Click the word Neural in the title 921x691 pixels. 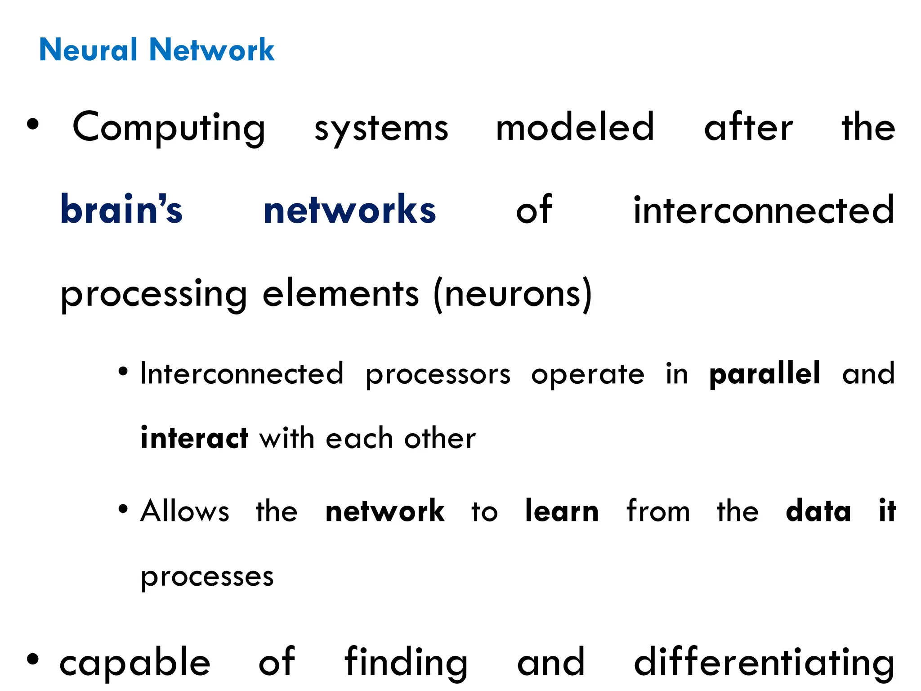[x=88, y=49]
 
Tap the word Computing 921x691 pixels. [x=169, y=128]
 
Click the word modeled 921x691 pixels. [x=575, y=127]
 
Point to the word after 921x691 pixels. [x=748, y=127]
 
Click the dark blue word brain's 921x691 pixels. [x=121, y=210]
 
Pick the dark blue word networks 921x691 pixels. [x=350, y=210]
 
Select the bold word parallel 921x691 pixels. [x=765, y=373]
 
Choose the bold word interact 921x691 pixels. [x=194, y=438]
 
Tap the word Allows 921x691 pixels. [x=185, y=511]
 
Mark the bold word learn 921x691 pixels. [x=562, y=511]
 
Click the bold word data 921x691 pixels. [x=818, y=511]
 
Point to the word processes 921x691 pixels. [x=207, y=577]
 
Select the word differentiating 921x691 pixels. [x=764, y=662]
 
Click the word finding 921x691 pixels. [x=407, y=662]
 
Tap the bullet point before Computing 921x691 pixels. [x=33, y=124]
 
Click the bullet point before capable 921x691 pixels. [x=33, y=659]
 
